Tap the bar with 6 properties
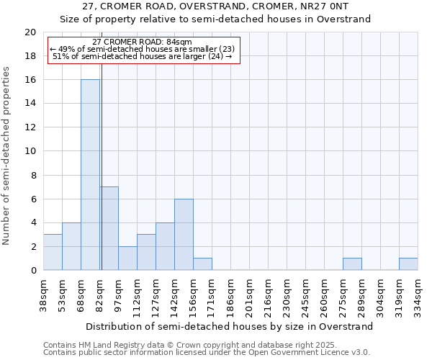tap(184, 234)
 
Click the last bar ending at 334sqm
tap(408, 264)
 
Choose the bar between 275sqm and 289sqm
tap(352, 264)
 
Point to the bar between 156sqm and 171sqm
tap(202, 264)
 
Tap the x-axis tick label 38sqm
tap(44, 294)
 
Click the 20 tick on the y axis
tap(30, 32)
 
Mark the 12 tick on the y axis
tap(30, 127)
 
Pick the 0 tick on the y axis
tap(33, 270)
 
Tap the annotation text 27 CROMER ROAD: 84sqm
tap(143, 42)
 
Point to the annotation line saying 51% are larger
tap(143, 56)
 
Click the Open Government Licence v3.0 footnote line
tap(207, 353)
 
